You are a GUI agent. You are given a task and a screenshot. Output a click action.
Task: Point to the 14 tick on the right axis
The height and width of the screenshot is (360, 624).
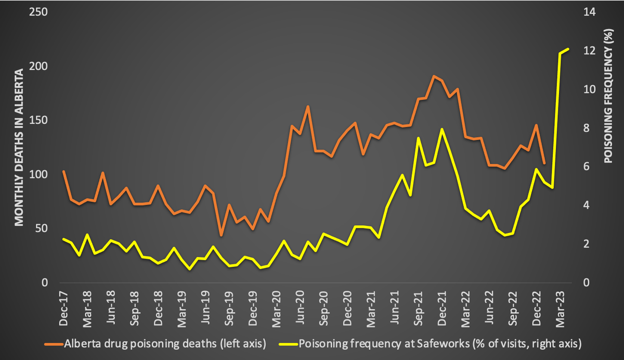coord(588,12)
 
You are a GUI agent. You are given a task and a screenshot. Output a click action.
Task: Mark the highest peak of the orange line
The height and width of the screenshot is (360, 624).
coord(434,76)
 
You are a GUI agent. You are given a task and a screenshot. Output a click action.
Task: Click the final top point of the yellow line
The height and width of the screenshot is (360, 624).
coord(568,49)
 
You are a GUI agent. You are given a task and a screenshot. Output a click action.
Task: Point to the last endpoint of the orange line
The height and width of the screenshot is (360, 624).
coord(544,163)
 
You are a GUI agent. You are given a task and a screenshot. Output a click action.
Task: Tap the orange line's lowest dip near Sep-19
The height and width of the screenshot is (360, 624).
coord(221,235)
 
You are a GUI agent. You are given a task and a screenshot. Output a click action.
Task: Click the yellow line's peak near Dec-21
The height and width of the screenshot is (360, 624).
coord(441,129)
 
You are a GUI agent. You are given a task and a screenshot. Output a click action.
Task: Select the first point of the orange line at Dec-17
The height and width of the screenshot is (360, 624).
coord(63,171)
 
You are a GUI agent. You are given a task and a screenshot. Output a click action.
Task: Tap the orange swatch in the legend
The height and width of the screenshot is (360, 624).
coord(53,344)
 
